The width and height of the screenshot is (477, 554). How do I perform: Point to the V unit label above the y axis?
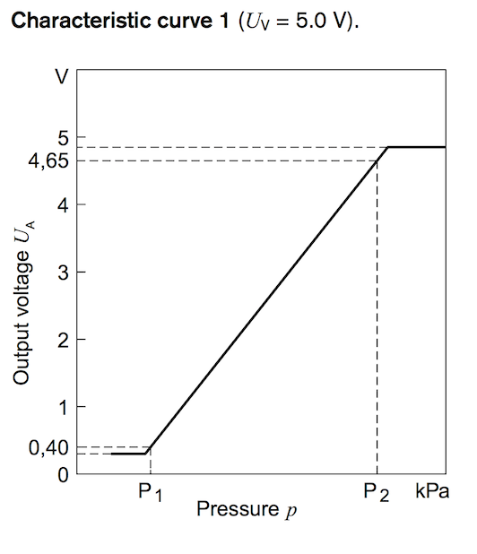click(x=61, y=75)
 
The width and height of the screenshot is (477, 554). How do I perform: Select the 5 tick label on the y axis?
click(x=62, y=138)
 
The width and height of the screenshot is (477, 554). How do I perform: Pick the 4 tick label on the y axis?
click(x=62, y=204)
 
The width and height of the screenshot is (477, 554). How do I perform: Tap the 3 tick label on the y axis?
click(x=62, y=273)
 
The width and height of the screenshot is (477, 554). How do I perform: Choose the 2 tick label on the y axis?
click(x=62, y=340)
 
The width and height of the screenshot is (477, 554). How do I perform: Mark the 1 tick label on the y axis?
click(x=62, y=407)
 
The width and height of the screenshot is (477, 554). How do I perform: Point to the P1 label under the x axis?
click(x=149, y=494)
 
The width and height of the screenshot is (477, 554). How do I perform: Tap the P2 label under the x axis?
click(x=376, y=494)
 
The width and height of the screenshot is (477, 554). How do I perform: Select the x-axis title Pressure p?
click(x=247, y=511)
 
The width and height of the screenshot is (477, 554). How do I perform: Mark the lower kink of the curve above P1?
click(x=147, y=453)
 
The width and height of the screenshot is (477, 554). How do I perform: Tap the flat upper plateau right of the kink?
click(x=417, y=147)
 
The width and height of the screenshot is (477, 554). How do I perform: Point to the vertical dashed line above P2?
click(x=377, y=314)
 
